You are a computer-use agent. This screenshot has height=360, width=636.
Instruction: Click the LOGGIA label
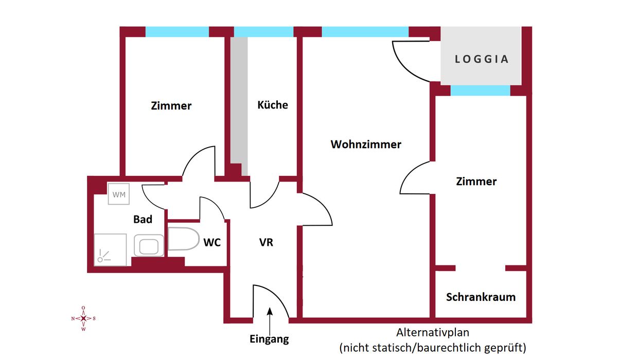click(482, 59)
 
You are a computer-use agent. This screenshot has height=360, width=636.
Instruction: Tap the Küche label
click(272, 105)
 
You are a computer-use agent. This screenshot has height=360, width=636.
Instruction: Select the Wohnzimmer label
click(365, 145)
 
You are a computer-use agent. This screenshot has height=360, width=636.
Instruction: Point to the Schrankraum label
click(481, 297)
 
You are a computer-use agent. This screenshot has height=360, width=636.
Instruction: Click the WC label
click(212, 242)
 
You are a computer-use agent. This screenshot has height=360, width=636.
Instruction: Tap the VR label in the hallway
click(266, 242)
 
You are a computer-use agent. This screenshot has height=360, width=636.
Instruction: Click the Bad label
click(143, 219)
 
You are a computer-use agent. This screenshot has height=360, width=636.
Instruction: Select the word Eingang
click(269, 339)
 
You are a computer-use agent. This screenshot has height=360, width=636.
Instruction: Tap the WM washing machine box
click(119, 194)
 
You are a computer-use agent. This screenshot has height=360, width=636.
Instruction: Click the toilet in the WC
click(183, 239)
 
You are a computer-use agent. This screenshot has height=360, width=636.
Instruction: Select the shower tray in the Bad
click(110, 250)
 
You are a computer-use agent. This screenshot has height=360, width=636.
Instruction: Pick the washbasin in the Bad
click(149, 245)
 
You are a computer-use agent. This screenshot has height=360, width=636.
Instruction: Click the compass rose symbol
click(83, 318)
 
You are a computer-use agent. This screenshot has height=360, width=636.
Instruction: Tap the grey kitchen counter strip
click(239, 103)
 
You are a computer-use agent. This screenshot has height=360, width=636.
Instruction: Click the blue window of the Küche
click(264, 32)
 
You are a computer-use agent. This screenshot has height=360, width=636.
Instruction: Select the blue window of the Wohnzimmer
click(365, 32)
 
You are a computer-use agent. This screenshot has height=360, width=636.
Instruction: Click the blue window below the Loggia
click(480, 91)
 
